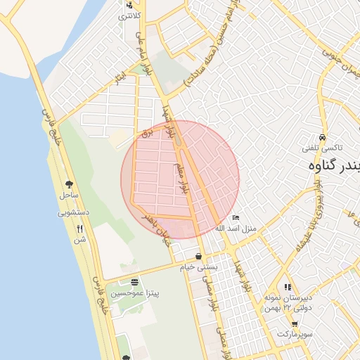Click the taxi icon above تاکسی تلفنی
(322, 138)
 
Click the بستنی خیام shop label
(200, 267)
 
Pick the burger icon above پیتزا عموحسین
(134, 283)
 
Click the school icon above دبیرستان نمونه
(287, 287)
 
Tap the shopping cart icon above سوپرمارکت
(295, 325)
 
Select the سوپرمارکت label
(295, 335)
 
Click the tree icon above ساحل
(69, 182)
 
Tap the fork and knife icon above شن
(79, 229)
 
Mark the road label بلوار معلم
(181, 179)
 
